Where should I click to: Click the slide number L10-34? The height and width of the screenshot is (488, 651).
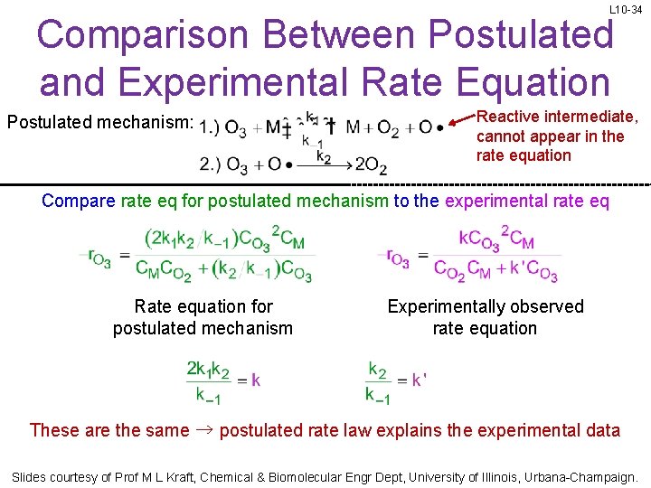click(627, 9)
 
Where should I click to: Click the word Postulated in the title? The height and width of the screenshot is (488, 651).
click(522, 35)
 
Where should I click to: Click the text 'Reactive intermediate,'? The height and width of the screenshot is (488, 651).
click(557, 117)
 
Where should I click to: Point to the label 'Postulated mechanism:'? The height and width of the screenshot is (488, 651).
click(100, 122)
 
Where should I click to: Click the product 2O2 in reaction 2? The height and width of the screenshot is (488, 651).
click(371, 164)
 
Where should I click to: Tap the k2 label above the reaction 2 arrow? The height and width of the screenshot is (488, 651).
click(323, 155)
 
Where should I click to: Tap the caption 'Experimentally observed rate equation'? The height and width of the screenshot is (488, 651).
click(486, 317)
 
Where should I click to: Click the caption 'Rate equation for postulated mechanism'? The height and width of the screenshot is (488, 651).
click(203, 317)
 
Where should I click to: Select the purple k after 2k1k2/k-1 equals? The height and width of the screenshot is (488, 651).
click(256, 380)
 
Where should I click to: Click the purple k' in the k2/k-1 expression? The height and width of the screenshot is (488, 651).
click(419, 380)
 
